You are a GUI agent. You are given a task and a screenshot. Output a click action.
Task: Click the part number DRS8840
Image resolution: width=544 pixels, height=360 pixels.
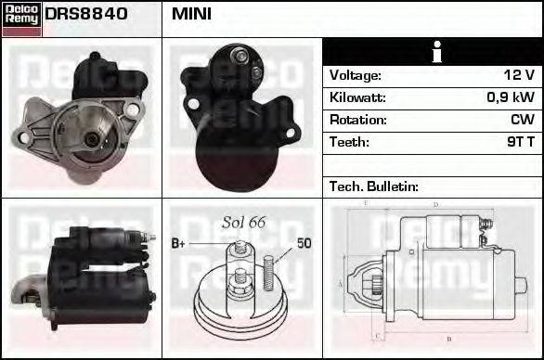(x=85, y=14)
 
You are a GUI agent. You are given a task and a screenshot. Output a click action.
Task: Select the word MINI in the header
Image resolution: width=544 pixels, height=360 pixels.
(x=191, y=14)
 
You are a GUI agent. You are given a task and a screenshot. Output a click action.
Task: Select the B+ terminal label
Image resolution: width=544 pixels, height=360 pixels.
(x=181, y=243)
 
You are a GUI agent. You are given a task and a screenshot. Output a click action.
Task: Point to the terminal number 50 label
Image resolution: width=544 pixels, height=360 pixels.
(x=304, y=243)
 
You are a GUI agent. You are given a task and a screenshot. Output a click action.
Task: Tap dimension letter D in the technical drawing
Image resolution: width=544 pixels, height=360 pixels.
(x=435, y=203)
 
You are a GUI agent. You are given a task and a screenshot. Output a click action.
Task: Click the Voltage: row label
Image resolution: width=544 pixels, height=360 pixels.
(x=355, y=75)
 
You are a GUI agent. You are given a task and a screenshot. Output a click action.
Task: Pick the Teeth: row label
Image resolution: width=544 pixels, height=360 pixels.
(x=349, y=142)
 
